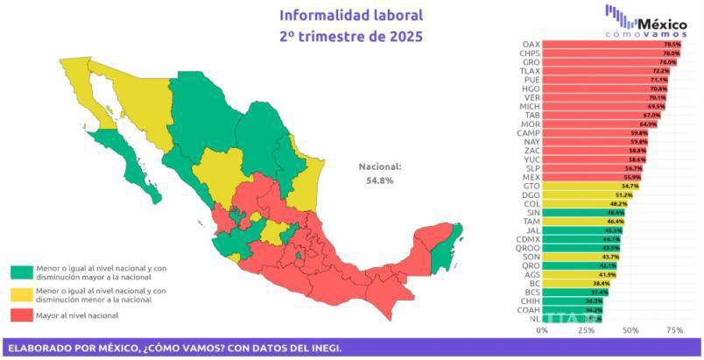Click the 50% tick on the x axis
click(x=630, y=331)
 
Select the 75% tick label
click(x=674, y=331)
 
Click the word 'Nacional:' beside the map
click(x=379, y=166)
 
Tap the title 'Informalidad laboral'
click(x=350, y=15)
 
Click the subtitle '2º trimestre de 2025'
click(x=350, y=37)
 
